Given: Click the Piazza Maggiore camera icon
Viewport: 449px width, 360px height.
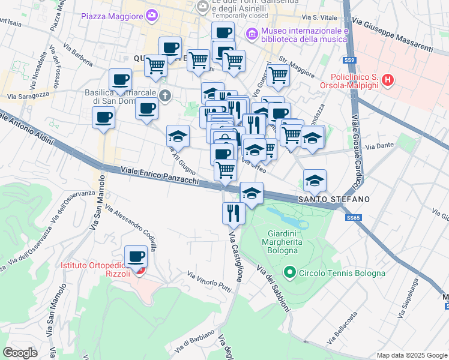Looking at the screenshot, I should [152, 15].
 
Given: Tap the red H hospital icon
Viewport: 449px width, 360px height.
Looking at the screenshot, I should [388, 79].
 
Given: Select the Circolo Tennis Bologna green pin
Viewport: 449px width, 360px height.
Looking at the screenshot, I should [289, 273].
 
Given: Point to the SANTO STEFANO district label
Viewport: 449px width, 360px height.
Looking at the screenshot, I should [334, 199].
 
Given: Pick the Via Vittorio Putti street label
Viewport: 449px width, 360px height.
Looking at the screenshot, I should [209, 281].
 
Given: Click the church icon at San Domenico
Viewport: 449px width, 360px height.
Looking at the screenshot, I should [165, 95].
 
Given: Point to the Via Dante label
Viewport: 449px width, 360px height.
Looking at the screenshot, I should [378, 146].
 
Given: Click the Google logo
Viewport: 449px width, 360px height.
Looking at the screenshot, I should [20, 352].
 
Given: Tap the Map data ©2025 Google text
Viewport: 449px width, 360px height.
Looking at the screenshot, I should [411, 355].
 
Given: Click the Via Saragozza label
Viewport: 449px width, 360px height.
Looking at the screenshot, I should [28, 95].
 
